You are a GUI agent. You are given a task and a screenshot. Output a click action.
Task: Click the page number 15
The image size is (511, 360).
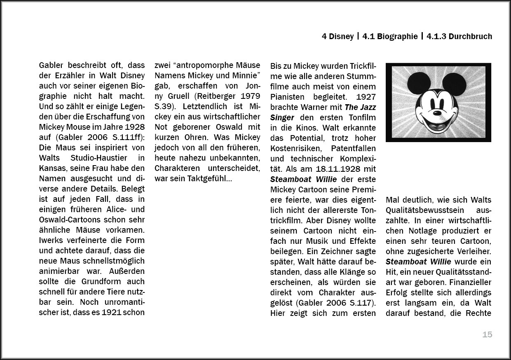487,334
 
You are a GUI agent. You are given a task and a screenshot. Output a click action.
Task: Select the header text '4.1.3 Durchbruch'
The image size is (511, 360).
459,36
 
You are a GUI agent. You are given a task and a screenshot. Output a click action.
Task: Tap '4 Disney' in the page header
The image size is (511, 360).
338,36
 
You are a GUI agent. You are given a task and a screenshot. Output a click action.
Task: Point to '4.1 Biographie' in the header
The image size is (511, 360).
390,36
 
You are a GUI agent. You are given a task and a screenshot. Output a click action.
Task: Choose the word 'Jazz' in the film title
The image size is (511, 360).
366,107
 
